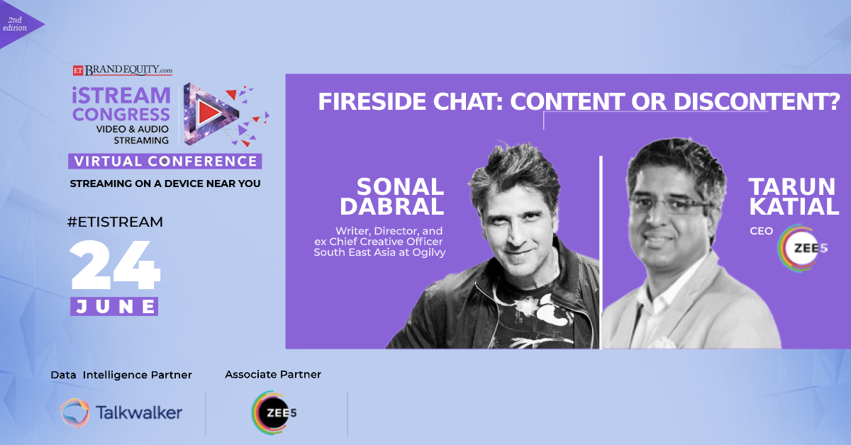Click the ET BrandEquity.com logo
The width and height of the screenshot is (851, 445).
(x=123, y=70)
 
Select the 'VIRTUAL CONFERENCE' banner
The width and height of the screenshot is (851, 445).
(x=165, y=161)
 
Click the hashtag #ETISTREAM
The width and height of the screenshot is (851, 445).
(x=115, y=222)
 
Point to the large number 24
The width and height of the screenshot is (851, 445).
(x=115, y=264)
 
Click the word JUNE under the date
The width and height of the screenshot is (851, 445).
(x=115, y=306)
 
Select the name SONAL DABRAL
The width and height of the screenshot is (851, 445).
(x=392, y=196)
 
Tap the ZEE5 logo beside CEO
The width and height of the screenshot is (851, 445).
(x=802, y=248)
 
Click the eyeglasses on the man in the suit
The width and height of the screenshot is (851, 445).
(x=671, y=206)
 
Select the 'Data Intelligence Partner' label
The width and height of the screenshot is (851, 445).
(x=121, y=375)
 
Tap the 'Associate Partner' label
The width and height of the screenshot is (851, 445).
(x=273, y=374)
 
